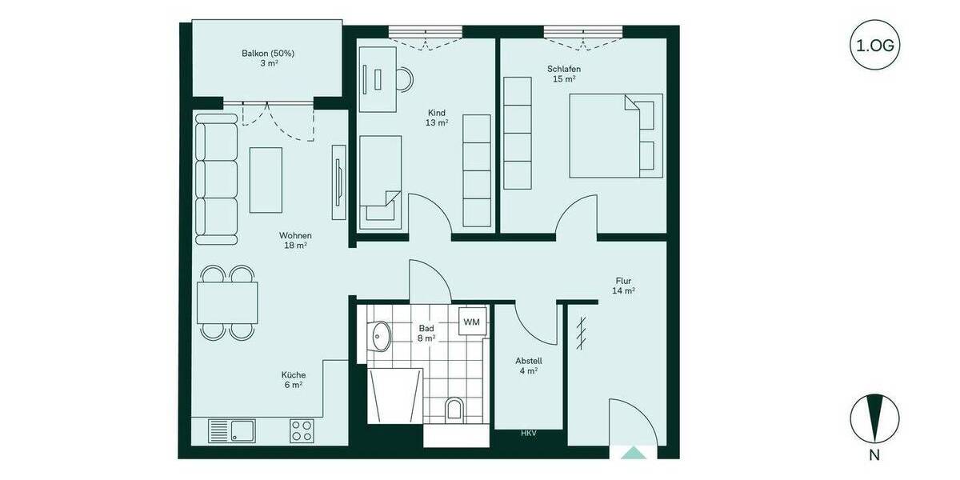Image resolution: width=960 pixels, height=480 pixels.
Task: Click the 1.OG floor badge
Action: [x=875, y=46]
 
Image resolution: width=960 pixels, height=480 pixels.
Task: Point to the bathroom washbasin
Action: [x=380, y=335]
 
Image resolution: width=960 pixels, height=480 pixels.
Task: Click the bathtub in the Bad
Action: [x=394, y=396]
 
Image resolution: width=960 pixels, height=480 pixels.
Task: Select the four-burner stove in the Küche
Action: [x=302, y=431]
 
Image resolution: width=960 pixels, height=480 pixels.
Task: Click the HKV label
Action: [x=528, y=434]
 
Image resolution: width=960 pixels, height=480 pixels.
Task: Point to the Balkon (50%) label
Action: [x=268, y=58]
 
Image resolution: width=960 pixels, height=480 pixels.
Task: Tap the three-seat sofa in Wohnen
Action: [x=216, y=178]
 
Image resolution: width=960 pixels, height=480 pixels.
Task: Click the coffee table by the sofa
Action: [x=266, y=180]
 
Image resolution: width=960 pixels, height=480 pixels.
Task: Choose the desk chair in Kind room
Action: [x=405, y=78]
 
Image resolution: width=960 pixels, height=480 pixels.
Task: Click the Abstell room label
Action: [x=528, y=366]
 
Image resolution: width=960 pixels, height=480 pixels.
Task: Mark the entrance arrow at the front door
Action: [x=634, y=453]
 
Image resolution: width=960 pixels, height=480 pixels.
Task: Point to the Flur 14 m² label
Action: [x=624, y=286]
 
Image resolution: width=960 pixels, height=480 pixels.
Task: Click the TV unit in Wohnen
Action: [x=338, y=183]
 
